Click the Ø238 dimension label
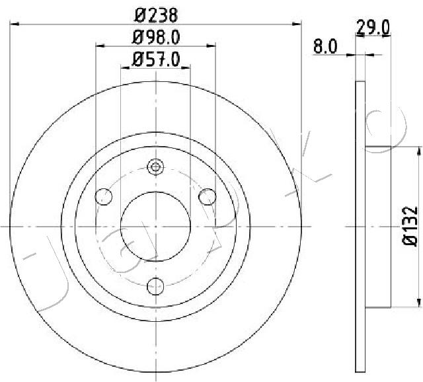(156, 15)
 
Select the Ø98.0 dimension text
(156, 37)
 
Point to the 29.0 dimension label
(373, 28)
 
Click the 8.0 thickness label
(325, 46)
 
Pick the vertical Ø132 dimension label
(410, 225)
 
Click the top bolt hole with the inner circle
(156, 167)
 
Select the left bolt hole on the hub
(104, 197)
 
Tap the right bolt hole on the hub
(207, 197)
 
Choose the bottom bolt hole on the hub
(156, 286)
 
